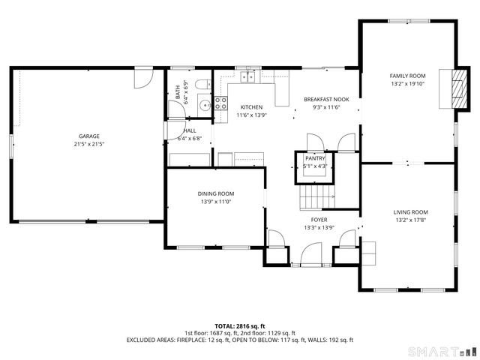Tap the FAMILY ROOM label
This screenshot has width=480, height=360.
point(407,76)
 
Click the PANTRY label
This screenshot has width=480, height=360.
point(315,158)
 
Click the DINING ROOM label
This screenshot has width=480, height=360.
point(216,193)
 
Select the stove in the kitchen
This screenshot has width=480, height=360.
point(221,103)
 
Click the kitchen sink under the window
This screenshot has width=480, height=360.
point(248,76)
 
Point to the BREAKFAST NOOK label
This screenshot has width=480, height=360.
point(327,99)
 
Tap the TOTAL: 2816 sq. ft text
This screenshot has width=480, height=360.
point(239,326)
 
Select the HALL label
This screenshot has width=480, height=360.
point(189,130)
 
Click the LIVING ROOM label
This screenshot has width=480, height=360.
point(410,212)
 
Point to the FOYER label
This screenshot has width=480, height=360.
point(318,220)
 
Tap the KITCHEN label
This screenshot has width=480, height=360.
point(251,107)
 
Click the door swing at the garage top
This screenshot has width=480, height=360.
point(143,75)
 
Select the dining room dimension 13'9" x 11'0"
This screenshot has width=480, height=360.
point(216,201)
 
